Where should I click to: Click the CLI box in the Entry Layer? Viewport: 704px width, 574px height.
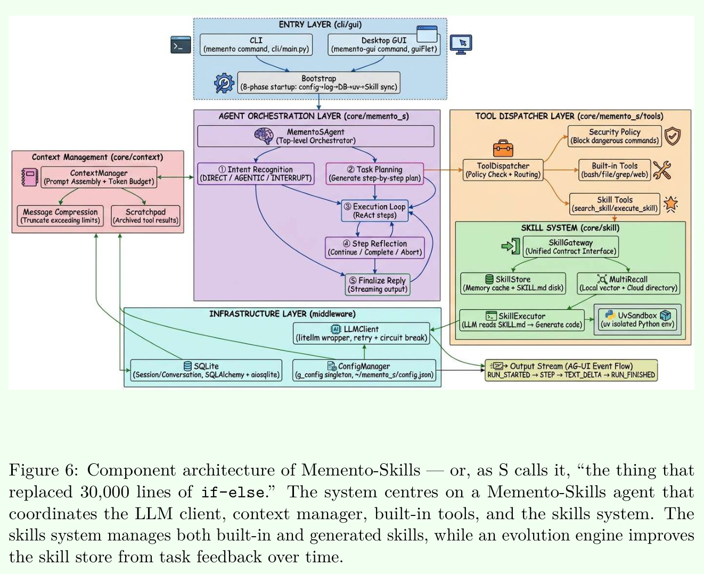click(256, 45)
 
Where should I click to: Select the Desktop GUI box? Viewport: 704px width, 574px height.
click(384, 45)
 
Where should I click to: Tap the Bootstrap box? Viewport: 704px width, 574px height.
click(318, 83)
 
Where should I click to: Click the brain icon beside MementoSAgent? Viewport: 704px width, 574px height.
click(264, 136)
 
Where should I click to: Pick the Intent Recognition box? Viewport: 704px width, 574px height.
click(256, 174)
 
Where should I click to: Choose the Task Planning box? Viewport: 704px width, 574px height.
click(374, 174)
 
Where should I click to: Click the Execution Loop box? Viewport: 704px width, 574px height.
click(374, 211)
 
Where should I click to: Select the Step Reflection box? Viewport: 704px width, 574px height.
click(374, 248)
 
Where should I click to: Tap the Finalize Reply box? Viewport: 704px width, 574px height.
click(378, 285)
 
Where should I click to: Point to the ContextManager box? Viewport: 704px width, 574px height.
click(99, 177)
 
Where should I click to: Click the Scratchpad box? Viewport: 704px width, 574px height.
click(145, 216)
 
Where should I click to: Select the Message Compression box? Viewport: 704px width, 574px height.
click(60, 216)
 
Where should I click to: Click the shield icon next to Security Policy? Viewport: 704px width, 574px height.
click(672, 136)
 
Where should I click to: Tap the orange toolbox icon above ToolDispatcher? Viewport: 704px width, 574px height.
click(503, 148)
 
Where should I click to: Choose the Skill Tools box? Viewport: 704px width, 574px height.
click(615, 204)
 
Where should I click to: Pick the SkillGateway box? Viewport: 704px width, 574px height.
click(570, 247)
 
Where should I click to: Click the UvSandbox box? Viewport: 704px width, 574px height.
click(637, 319)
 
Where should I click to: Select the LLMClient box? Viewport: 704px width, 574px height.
click(361, 333)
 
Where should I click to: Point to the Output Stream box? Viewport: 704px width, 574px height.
click(571, 370)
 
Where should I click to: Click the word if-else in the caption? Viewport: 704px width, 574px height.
click(233, 493)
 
